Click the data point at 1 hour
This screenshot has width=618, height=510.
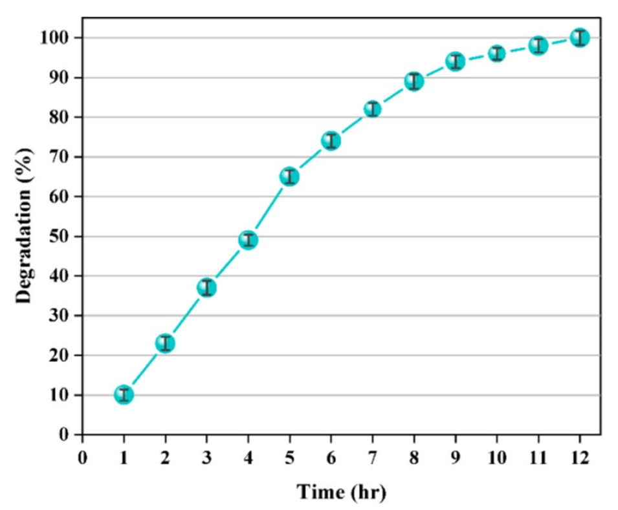point(124,395)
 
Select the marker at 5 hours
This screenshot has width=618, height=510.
point(289,176)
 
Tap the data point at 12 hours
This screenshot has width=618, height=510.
point(580,37)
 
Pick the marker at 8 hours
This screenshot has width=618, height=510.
point(414,81)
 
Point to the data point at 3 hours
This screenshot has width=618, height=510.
point(206,288)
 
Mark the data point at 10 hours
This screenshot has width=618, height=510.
point(497,54)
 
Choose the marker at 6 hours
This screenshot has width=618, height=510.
point(331,141)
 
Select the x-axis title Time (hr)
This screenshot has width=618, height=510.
point(341,493)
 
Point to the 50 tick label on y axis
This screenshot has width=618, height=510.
point(58,237)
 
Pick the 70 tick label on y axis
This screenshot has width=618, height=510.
point(58,157)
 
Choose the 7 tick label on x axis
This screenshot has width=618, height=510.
point(373,458)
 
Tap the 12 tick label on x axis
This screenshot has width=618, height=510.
point(580,458)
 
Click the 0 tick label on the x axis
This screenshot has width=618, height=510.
point(82,458)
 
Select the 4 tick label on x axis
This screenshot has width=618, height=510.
point(248,458)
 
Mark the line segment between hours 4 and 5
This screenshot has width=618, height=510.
point(269,208)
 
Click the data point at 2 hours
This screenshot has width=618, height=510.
point(165,343)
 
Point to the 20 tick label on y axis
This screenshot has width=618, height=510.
point(58,356)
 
